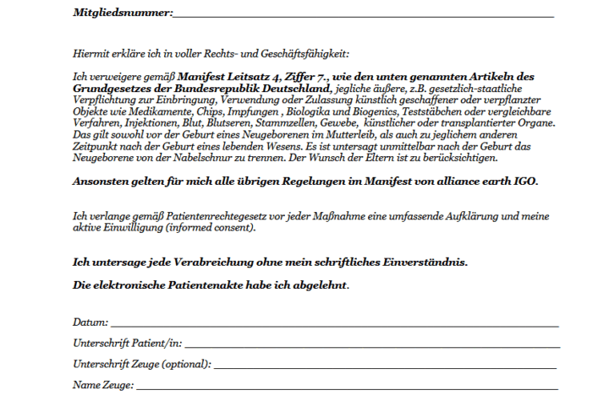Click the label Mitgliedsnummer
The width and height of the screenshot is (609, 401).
tap(122, 13)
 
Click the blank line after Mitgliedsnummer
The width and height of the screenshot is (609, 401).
tap(364, 14)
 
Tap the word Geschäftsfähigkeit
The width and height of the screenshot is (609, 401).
tap(302, 53)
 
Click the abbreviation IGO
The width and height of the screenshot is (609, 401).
tap(526, 182)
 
